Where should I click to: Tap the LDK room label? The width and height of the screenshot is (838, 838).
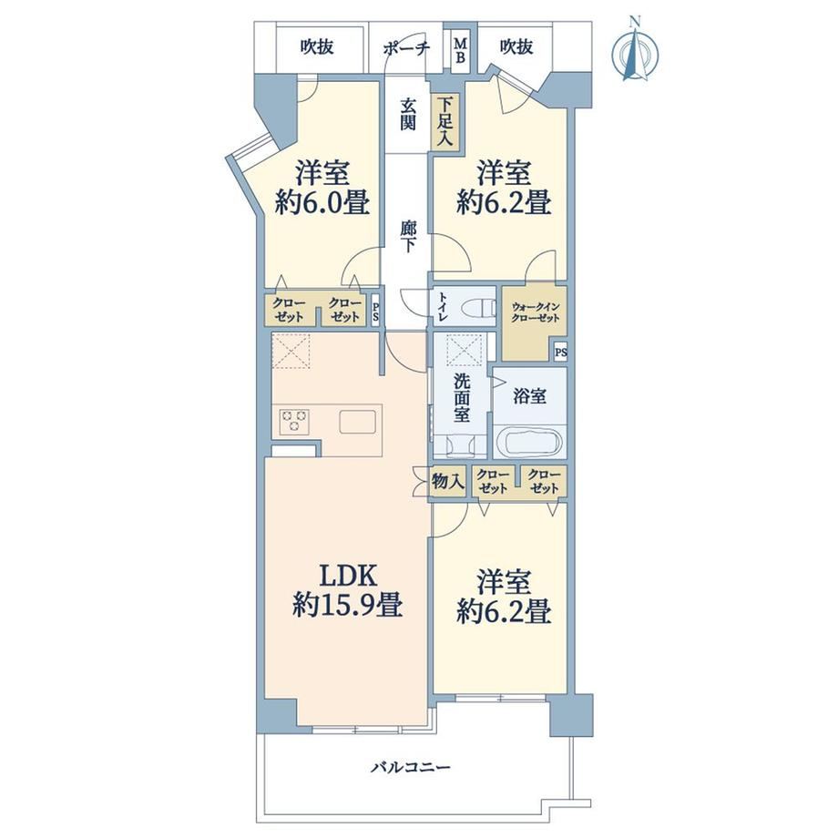coord(348,577)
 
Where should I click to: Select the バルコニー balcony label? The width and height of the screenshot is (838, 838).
coord(411,768)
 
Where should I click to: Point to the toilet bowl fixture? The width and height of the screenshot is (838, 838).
coord(478,308)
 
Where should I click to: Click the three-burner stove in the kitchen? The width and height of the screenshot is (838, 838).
coord(294,420)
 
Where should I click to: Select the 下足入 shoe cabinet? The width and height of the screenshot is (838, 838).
coord(445,122)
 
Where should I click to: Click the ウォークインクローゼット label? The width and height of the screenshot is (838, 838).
coord(535,312)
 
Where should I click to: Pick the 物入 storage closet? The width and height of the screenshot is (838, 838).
coord(447,483)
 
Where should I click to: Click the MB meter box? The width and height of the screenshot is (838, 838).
coord(460,51)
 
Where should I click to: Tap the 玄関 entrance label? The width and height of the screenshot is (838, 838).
coord(408,115)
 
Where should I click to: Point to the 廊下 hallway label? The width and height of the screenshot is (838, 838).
coord(407,236)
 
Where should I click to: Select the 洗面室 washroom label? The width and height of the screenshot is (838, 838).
coord(461,398)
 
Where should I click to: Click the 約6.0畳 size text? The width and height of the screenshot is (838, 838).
coord(322,204)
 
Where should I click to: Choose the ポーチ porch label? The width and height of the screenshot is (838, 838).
coord(406,48)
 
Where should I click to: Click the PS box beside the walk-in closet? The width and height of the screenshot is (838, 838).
coord(560,353)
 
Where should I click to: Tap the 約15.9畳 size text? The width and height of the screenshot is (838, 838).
coord(347,606)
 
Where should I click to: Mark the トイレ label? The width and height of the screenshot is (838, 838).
coord(443,307)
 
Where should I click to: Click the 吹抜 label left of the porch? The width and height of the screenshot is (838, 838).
coord(316,47)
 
